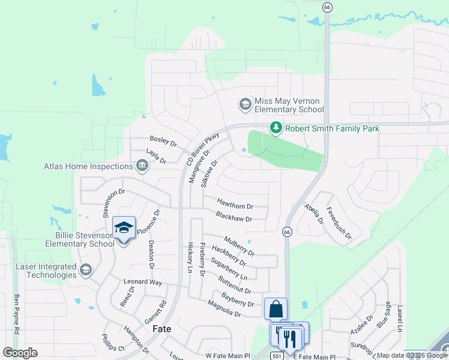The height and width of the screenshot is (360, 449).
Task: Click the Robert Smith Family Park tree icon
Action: click(276, 128)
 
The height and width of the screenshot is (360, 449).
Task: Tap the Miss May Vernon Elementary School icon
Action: click(245, 105)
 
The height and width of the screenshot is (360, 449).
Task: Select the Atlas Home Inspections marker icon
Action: click(142, 166)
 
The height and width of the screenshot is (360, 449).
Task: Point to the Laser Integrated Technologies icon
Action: click(86, 270)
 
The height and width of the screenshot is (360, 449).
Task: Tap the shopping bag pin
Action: click(276, 310)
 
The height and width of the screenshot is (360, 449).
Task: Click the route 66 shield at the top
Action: click(327, 7)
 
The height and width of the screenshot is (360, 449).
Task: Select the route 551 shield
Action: click(276, 356)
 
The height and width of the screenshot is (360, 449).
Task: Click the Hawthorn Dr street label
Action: click(235, 204)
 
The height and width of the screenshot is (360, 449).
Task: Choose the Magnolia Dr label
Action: click(224, 310)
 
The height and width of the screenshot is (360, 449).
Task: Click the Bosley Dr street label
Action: click(163, 142)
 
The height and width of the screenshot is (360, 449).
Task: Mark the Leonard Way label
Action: click(143, 282)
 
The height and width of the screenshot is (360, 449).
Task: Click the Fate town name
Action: click(162, 329)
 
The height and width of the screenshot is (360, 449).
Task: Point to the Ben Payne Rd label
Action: click(17, 314)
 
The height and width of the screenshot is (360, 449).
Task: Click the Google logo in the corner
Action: click(20, 353)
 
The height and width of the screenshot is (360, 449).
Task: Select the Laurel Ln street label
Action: click(399, 318)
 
